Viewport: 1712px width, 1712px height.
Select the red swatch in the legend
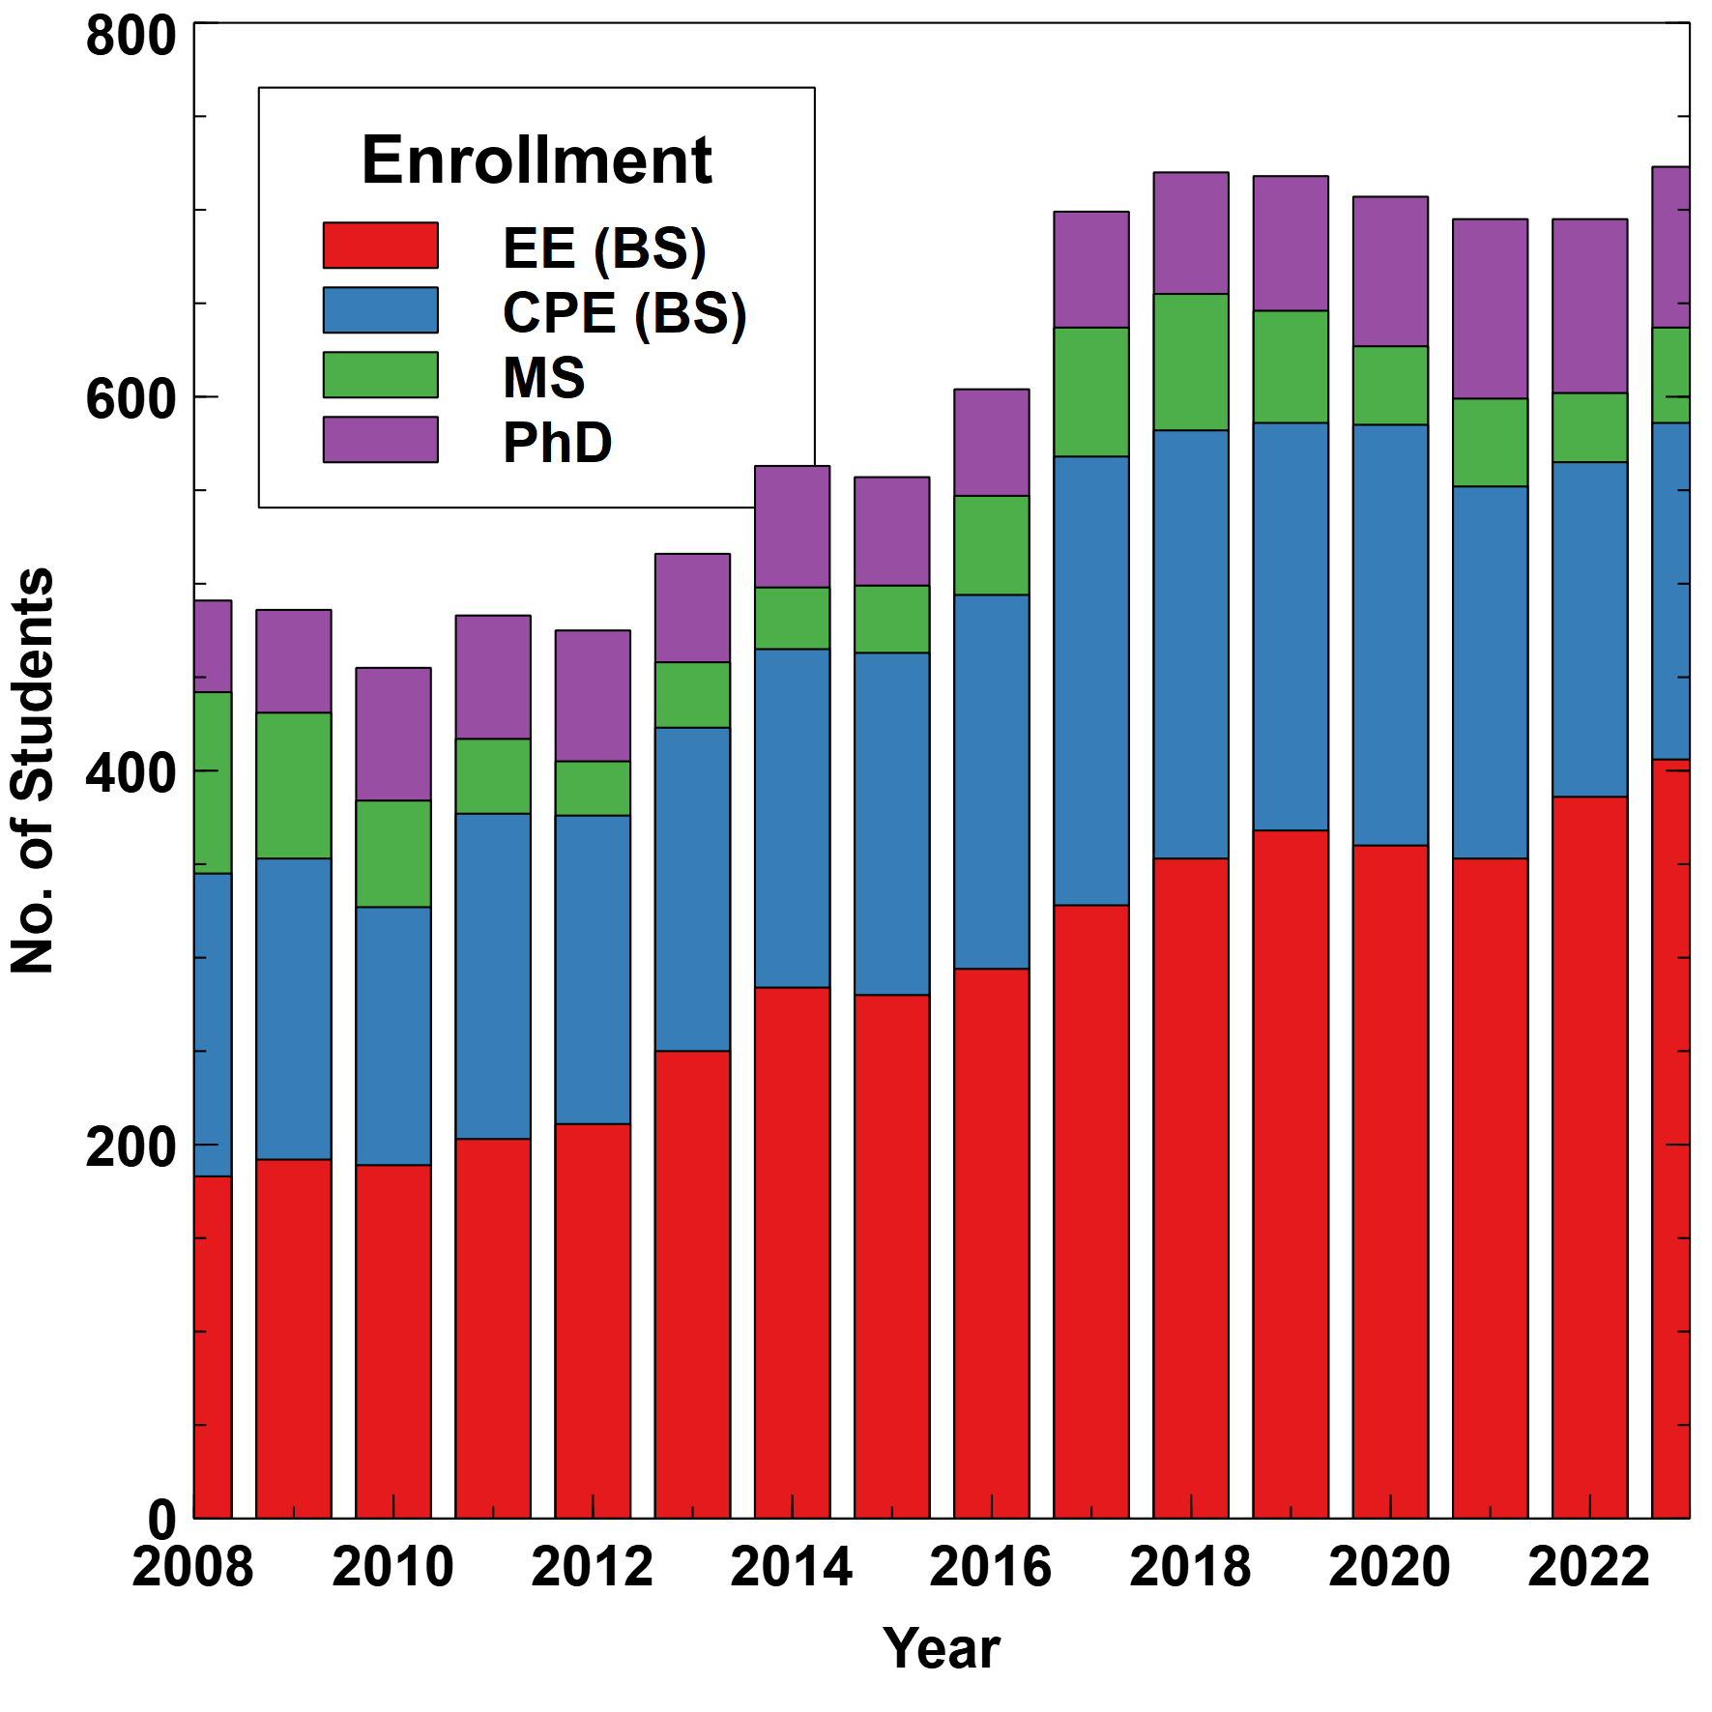(380, 246)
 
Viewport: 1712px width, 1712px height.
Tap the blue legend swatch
(380, 310)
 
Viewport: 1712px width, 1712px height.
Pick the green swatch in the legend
(380, 375)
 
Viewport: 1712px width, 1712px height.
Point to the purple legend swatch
(380, 440)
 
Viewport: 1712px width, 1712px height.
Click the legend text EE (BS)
(604, 248)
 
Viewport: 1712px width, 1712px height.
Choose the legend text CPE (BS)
(624, 313)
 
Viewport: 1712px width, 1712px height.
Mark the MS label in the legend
(544, 377)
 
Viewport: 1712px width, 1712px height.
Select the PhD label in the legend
(558, 443)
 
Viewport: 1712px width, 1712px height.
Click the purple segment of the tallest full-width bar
(1191, 233)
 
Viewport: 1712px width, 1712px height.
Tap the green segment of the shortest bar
(393, 854)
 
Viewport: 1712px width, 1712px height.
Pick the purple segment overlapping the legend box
(792, 527)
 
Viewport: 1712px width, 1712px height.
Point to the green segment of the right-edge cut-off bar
(1670, 375)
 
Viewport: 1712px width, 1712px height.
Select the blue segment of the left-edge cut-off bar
(214, 1025)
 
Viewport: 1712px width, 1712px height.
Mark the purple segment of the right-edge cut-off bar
(1670, 247)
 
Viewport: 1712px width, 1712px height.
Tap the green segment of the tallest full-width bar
(1191, 363)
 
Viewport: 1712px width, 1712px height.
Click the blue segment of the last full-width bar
(1590, 629)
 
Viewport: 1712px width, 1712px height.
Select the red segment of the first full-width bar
(294, 1338)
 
